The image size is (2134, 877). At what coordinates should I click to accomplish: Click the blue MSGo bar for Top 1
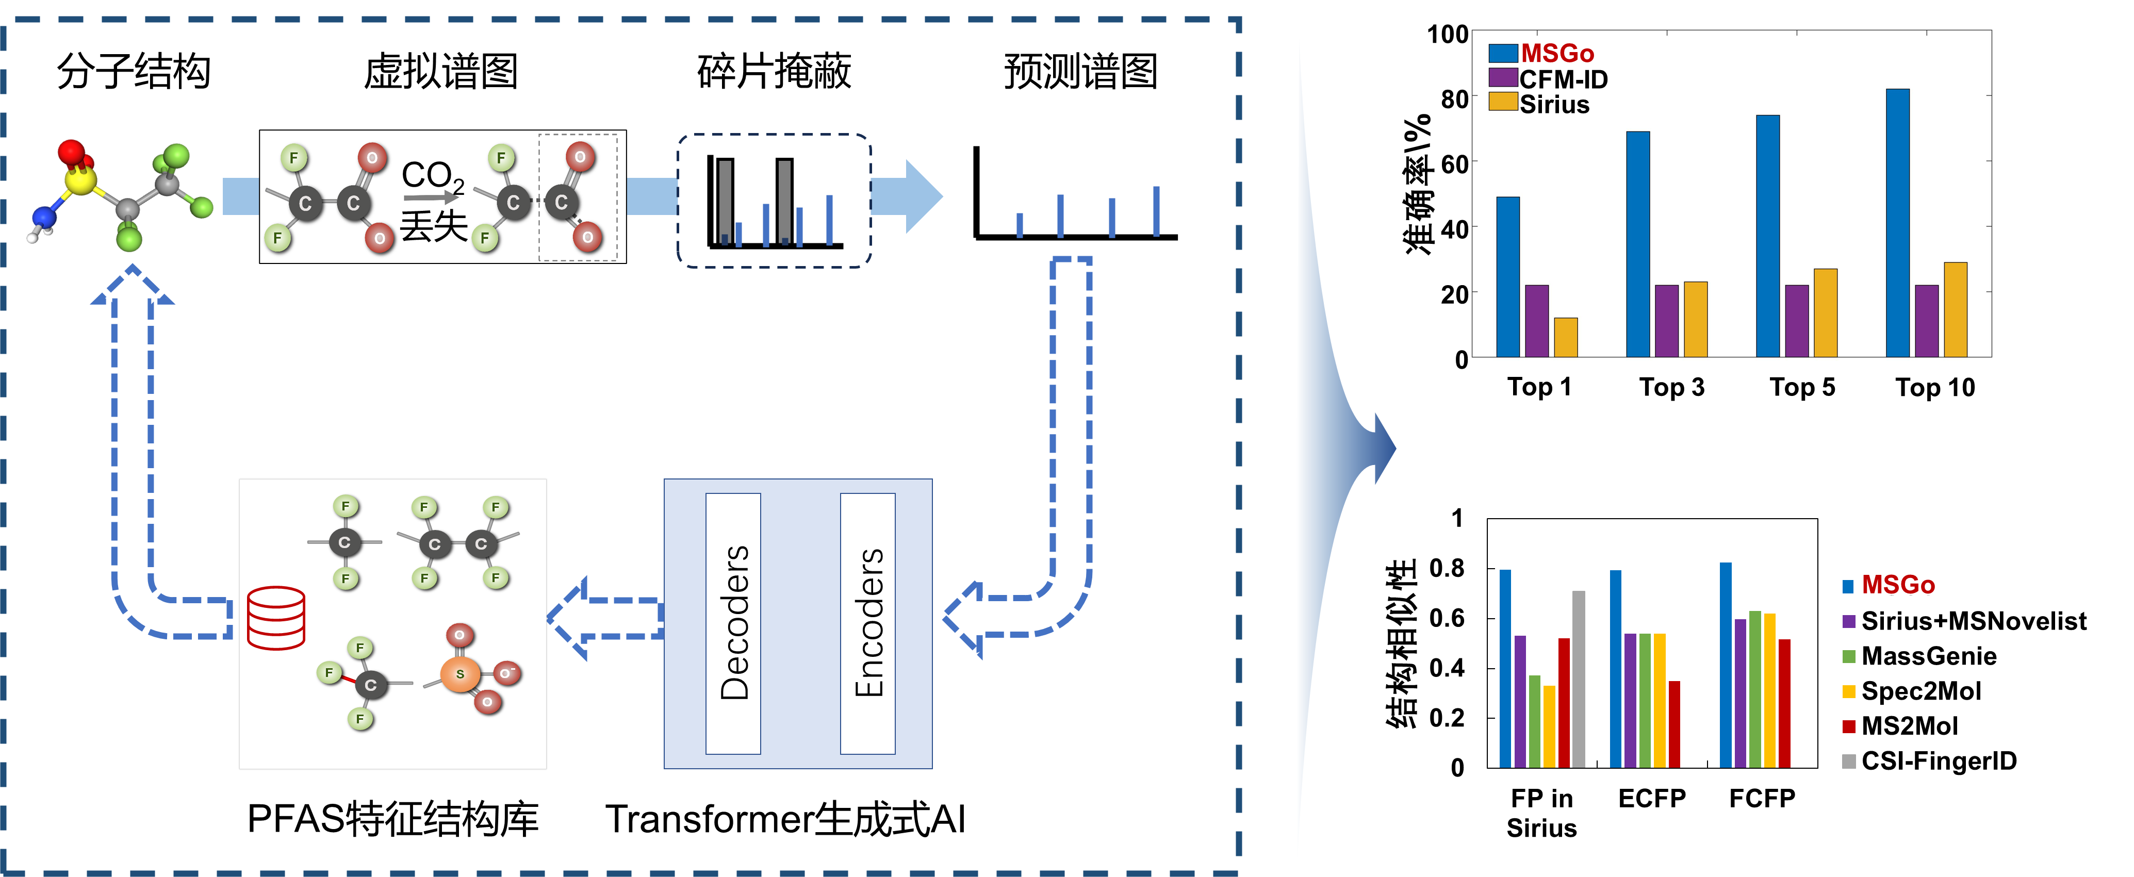pos(1508,277)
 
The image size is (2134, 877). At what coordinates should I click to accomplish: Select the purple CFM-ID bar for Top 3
pos(1667,321)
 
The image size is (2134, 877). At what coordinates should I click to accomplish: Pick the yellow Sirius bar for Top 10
pos(1955,310)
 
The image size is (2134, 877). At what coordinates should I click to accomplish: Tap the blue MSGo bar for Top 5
pos(1768,236)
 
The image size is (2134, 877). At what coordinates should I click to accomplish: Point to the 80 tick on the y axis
pos(1455,98)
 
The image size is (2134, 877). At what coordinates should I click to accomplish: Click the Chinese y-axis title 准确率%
pos(1418,184)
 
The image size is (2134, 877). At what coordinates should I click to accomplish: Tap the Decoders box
pos(733,623)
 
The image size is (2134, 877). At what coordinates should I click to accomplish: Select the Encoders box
pos(868,623)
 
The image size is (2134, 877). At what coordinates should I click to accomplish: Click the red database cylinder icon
pos(276,619)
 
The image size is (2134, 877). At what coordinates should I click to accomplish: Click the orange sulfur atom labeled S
pos(461,674)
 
